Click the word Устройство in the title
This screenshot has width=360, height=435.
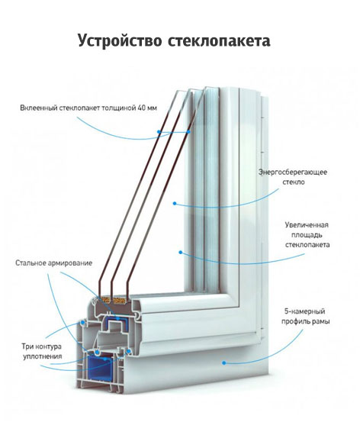[120, 40]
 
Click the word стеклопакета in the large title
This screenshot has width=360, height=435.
[219, 41]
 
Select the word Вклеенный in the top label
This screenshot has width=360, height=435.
[39, 108]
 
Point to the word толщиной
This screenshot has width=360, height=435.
[118, 108]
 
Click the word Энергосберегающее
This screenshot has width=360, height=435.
[293, 172]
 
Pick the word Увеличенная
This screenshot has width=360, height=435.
[307, 224]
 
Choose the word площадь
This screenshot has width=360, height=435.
[307, 235]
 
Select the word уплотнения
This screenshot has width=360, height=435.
[43, 356]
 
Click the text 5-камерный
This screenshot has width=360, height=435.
[305, 311]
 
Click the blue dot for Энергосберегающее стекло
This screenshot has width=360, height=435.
[175, 203]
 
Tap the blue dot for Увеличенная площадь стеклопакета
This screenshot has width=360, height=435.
[181, 252]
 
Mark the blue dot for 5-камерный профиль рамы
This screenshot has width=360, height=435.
[223, 362]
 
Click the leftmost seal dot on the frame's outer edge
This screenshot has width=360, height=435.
[82, 323]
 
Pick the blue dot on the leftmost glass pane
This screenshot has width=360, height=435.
[159, 132]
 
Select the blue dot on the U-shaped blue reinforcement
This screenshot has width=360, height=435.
[117, 319]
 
